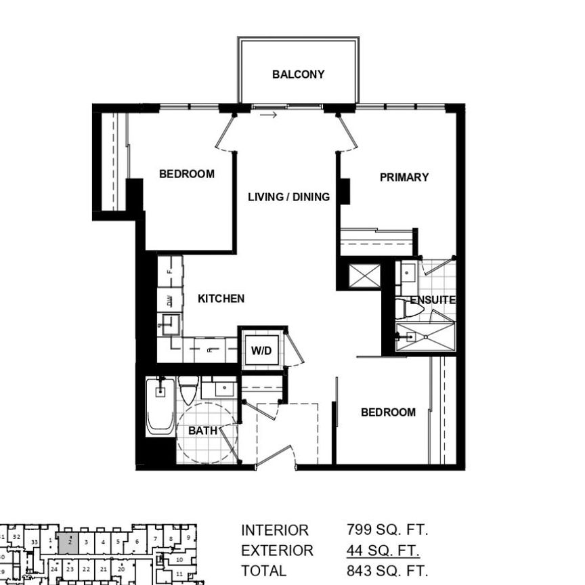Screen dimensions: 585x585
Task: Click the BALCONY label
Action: (298, 74)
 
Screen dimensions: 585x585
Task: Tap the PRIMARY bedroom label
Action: (404, 177)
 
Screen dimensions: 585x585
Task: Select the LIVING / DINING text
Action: (288, 197)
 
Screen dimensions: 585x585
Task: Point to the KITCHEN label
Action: (221, 299)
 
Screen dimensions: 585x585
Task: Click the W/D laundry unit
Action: (261, 351)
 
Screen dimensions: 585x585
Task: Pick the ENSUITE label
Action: (432, 300)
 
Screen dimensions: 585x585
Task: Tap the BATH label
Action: (203, 431)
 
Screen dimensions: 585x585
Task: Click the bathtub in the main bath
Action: (161, 406)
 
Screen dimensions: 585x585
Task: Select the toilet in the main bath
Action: (189, 391)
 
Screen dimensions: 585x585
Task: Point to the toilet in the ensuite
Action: (411, 310)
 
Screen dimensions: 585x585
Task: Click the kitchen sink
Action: (171, 325)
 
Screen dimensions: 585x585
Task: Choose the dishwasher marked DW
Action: (170, 300)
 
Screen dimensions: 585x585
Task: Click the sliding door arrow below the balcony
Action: (269, 115)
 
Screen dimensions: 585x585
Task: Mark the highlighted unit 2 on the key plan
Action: (68, 542)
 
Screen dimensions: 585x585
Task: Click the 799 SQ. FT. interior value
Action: (387, 530)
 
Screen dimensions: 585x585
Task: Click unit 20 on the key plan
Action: (121, 570)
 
